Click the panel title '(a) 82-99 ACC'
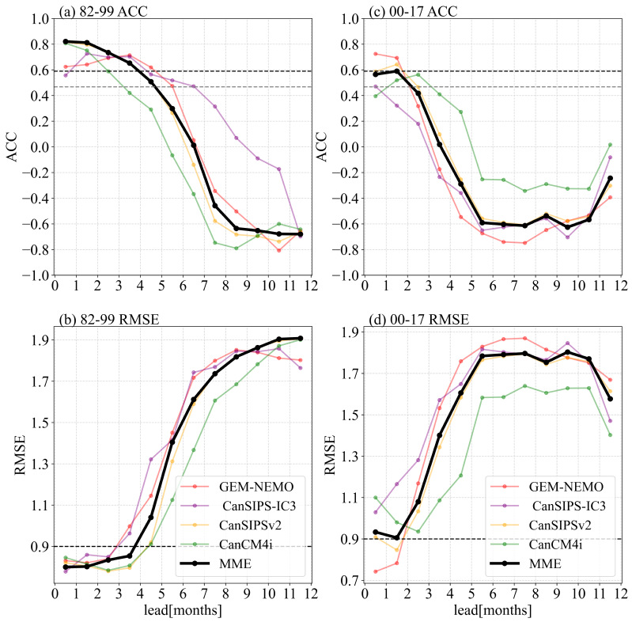point(103,11)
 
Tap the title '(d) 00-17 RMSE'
point(418,320)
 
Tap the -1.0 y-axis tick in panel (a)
point(36,275)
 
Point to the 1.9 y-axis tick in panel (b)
point(41,340)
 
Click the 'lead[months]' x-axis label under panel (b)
point(181,613)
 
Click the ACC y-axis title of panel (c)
point(327,147)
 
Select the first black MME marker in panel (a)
point(66,41)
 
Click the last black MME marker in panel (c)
point(610,178)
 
